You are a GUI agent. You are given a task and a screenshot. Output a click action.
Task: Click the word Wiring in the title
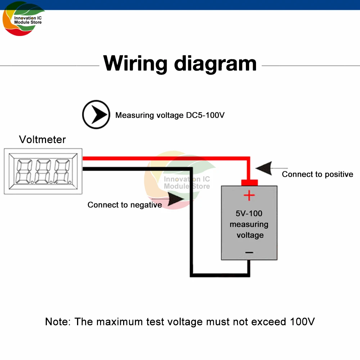[x=135, y=63]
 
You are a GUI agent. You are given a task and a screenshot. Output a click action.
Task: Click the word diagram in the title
[x=215, y=64]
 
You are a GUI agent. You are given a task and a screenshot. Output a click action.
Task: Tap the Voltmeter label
[x=42, y=139]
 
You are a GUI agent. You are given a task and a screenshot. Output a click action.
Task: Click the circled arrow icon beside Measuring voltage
[x=96, y=115]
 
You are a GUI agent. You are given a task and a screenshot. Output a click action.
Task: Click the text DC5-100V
[x=206, y=115]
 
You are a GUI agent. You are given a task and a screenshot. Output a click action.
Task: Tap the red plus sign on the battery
[x=249, y=196]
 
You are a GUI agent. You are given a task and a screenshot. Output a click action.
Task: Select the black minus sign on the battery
[x=249, y=253]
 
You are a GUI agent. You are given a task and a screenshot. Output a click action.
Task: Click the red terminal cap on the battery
[x=249, y=182]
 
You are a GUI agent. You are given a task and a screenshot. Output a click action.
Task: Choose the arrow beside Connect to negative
[x=175, y=199]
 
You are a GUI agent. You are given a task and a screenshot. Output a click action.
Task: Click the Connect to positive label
[x=318, y=174]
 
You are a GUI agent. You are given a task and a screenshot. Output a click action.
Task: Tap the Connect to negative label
[x=125, y=205]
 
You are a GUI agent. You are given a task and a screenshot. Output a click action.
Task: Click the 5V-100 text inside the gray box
[x=249, y=213]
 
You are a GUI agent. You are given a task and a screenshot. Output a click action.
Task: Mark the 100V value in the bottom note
[x=302, y=321]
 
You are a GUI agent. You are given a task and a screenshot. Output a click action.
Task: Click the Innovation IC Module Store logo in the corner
[x=23, y=20]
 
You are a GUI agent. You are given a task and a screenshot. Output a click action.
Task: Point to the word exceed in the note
[x=266, y=321]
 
